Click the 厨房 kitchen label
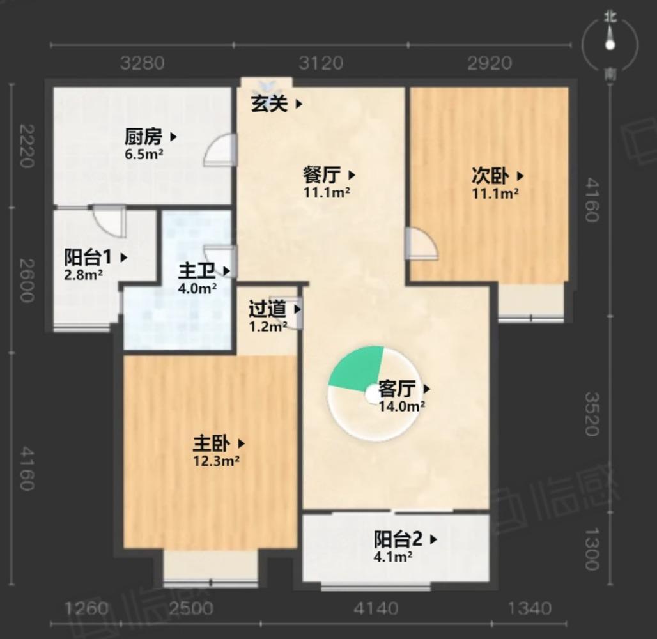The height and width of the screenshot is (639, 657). [143, 136]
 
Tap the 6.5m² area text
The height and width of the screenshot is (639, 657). [143, 153]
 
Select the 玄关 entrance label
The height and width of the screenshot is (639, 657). [270, 104]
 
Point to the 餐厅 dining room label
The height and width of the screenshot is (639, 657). [321, 174]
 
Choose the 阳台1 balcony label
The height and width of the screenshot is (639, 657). [88, 258]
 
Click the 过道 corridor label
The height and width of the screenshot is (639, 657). [267, 309]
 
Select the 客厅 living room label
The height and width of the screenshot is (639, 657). [397, 389]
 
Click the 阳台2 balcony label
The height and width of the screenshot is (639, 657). [398, 539]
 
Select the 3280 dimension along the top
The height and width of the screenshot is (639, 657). [143, 63]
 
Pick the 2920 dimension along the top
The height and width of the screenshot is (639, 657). [490, 63]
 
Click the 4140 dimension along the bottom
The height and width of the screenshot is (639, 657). [376, 608]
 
